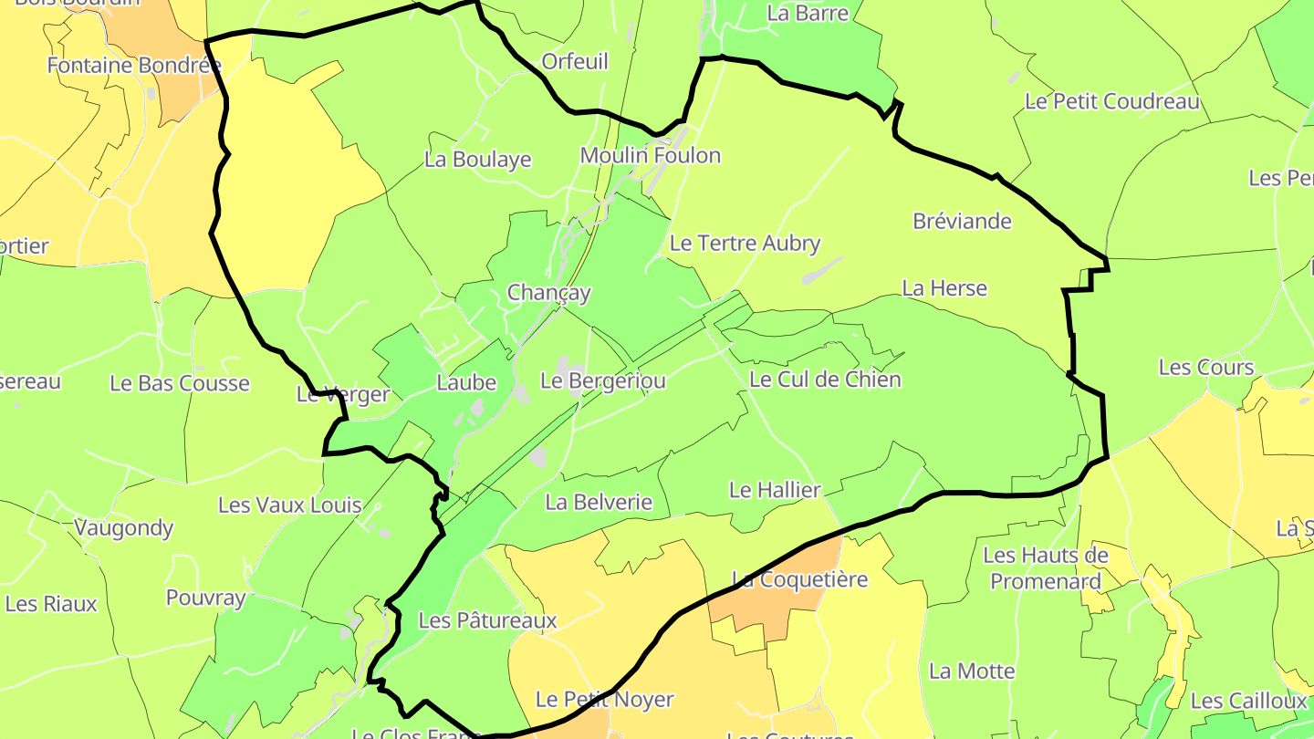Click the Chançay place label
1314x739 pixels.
click(x=548, y=293)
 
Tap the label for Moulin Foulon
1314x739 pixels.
click(x=651, y=156)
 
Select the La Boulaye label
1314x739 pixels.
click(x=478, y=160)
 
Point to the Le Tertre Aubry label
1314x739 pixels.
click(x=745, y=244)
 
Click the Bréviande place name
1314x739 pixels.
click(x=962, y=222)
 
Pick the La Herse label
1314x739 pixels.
click(x=944, y=288)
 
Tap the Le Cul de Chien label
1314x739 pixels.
click(x=825, y=380)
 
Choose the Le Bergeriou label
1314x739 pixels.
click(x=603, y=380)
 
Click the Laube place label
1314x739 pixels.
click(x=466, y=382)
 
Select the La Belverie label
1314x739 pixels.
click(x=599, y=502)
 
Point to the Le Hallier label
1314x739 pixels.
click(x=775, y=490)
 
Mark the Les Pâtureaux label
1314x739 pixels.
click(x=487, y=620)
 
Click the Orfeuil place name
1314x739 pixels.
click(x=575, y=61)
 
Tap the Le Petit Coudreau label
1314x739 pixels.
click(x=1112, y=101)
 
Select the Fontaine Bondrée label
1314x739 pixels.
click(x=134, y=66)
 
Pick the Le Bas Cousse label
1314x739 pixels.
click(x=180, y=383)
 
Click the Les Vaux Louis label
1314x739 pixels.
click(x=290, y=505)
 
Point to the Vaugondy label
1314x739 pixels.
click(x=123, y=527)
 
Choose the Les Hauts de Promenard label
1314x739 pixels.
click(x=1046, y=567)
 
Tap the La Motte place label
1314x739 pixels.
click(x=972, y=671)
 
